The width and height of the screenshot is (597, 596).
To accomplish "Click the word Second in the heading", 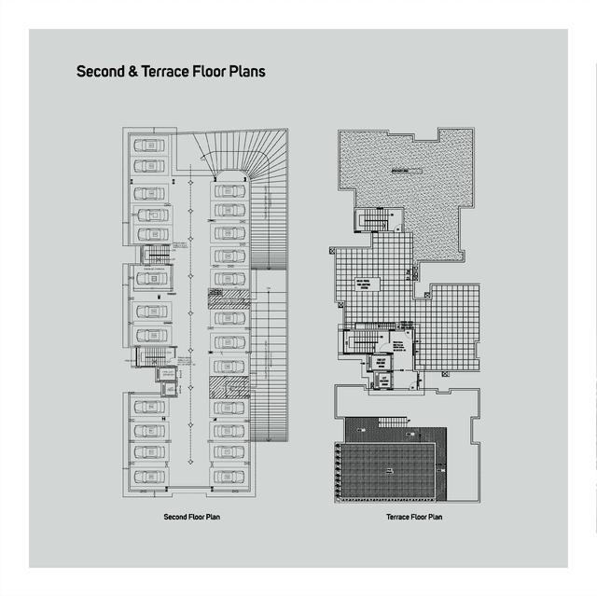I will tap(98, 71).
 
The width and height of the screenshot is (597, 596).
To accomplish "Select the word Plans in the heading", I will tap(246, 71).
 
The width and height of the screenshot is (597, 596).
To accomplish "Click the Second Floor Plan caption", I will tap(191, 516).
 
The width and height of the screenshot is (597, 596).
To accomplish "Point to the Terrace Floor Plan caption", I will tap(414, 516).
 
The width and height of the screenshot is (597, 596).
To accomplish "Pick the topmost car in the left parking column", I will tap(149, 146).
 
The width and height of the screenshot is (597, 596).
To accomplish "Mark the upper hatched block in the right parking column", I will tap(229, 298).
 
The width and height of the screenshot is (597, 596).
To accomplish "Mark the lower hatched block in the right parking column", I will tap(229, 385).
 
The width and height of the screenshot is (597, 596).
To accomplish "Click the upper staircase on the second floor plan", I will tap(151, 256).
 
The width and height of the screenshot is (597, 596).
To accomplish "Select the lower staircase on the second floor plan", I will tap(149, 355).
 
